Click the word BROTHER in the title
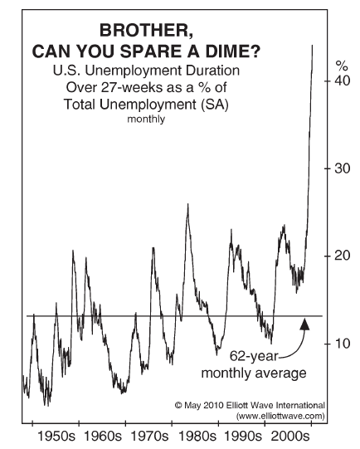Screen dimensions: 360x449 click(x=146, y=31)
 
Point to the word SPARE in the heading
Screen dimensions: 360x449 click(x=152, y=51)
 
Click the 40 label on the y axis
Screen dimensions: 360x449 click(x=343, y=81)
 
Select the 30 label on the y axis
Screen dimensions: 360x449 click(x=343, y=168)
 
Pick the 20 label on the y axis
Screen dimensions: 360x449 click(x=343, y=256)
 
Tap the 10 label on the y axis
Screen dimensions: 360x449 click(x=343, y=344)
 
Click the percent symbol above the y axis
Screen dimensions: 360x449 click(x=342, y=66)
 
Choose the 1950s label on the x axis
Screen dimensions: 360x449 click(x=56, y=437)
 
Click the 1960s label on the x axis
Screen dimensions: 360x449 click(x=103, y=437)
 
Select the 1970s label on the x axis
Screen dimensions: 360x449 click(x=149, y=437)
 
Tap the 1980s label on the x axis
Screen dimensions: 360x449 click(x=197, y=437)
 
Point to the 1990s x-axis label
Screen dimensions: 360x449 click(x=243, y=437)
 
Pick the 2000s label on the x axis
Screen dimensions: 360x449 click(x=289, y=437)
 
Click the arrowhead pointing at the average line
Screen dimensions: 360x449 click(x=304, y=324)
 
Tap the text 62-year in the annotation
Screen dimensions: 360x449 click(x=254, y=357)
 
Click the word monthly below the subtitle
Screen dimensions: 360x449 click(x=146, y=120)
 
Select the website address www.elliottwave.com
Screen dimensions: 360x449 click(x=280, y=416)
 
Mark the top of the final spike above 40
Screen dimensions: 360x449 click(x=312, y=45)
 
